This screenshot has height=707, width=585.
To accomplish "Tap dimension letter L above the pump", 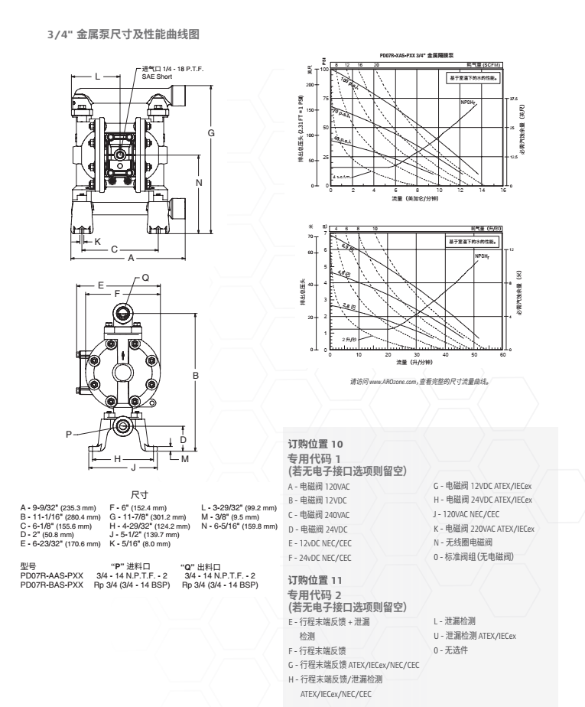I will (x=98, y=77).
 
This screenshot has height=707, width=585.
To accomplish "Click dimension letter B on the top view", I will (x=197, y=375).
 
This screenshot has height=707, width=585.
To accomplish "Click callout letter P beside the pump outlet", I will (x=69, y=434).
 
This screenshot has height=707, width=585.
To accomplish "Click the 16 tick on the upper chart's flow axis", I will (x=502, y=191).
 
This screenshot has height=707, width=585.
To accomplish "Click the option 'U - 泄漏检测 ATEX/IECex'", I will (x=475, y=636).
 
